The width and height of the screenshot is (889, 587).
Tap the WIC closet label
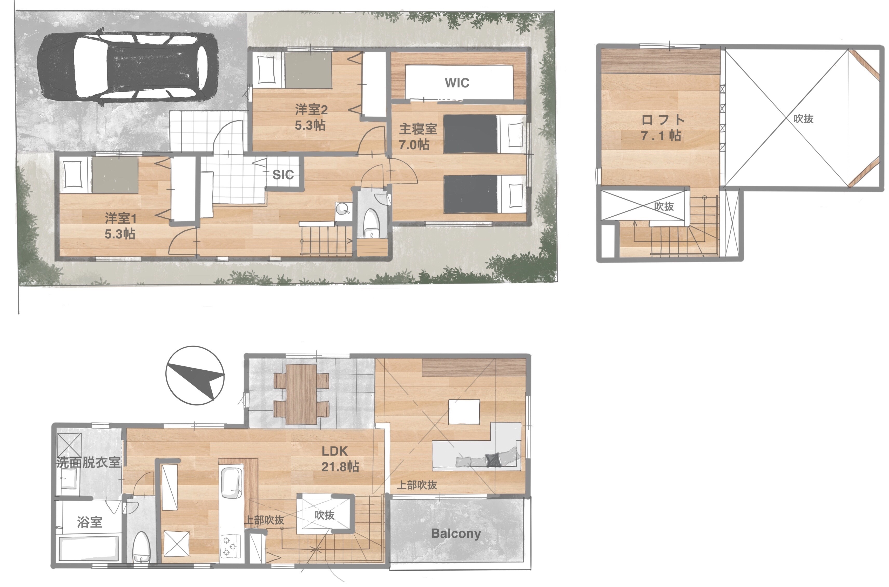point(457,83)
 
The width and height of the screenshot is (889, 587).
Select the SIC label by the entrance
point(283,175)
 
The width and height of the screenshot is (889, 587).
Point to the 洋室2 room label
point(311,110)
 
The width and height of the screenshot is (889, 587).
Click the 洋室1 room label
point(120,218)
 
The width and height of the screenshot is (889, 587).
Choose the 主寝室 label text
point(417,129)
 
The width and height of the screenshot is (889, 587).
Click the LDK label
point(334,451)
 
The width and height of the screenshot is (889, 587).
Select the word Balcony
point(456,533)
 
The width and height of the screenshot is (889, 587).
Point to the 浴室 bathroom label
point(90,522)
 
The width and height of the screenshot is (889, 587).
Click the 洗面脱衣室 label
point(89,463)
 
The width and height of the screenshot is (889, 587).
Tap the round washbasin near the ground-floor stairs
point(342,208)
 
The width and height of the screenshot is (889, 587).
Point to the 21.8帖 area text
point(340,466)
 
